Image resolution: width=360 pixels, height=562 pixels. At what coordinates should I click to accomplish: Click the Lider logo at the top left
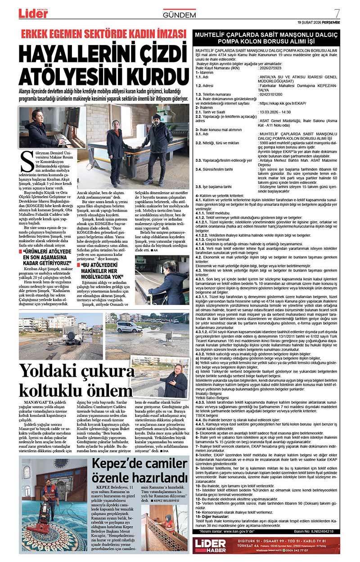pos(33,13)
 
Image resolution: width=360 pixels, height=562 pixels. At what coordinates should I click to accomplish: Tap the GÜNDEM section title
pos(180,15)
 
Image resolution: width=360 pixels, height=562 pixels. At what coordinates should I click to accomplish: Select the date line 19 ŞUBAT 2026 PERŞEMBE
pos(319,22)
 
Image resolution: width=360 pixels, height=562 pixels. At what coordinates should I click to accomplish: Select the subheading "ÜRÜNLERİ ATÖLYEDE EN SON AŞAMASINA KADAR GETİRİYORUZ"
pos(45,256)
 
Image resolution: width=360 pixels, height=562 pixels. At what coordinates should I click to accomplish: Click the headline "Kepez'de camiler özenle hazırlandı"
pos(139,470)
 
